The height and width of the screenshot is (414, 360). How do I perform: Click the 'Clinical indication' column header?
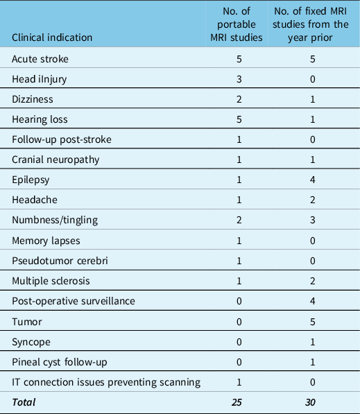(x=53, y=37)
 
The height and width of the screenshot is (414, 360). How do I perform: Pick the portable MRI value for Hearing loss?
(x=239, y=119)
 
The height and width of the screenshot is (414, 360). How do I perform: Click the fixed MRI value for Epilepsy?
(x=312, y=180)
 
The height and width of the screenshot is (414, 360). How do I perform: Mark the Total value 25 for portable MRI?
(x=239, y=402)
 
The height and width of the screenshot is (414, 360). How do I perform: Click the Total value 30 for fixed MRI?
(x=312, y=402)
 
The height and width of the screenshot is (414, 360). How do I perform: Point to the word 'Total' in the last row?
(x=24, y=402)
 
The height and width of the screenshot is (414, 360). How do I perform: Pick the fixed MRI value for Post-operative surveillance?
(x=312, y=301)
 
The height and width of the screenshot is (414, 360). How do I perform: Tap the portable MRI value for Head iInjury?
(x=239, y=79)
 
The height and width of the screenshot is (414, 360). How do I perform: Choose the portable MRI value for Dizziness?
(x=239, y=99)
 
